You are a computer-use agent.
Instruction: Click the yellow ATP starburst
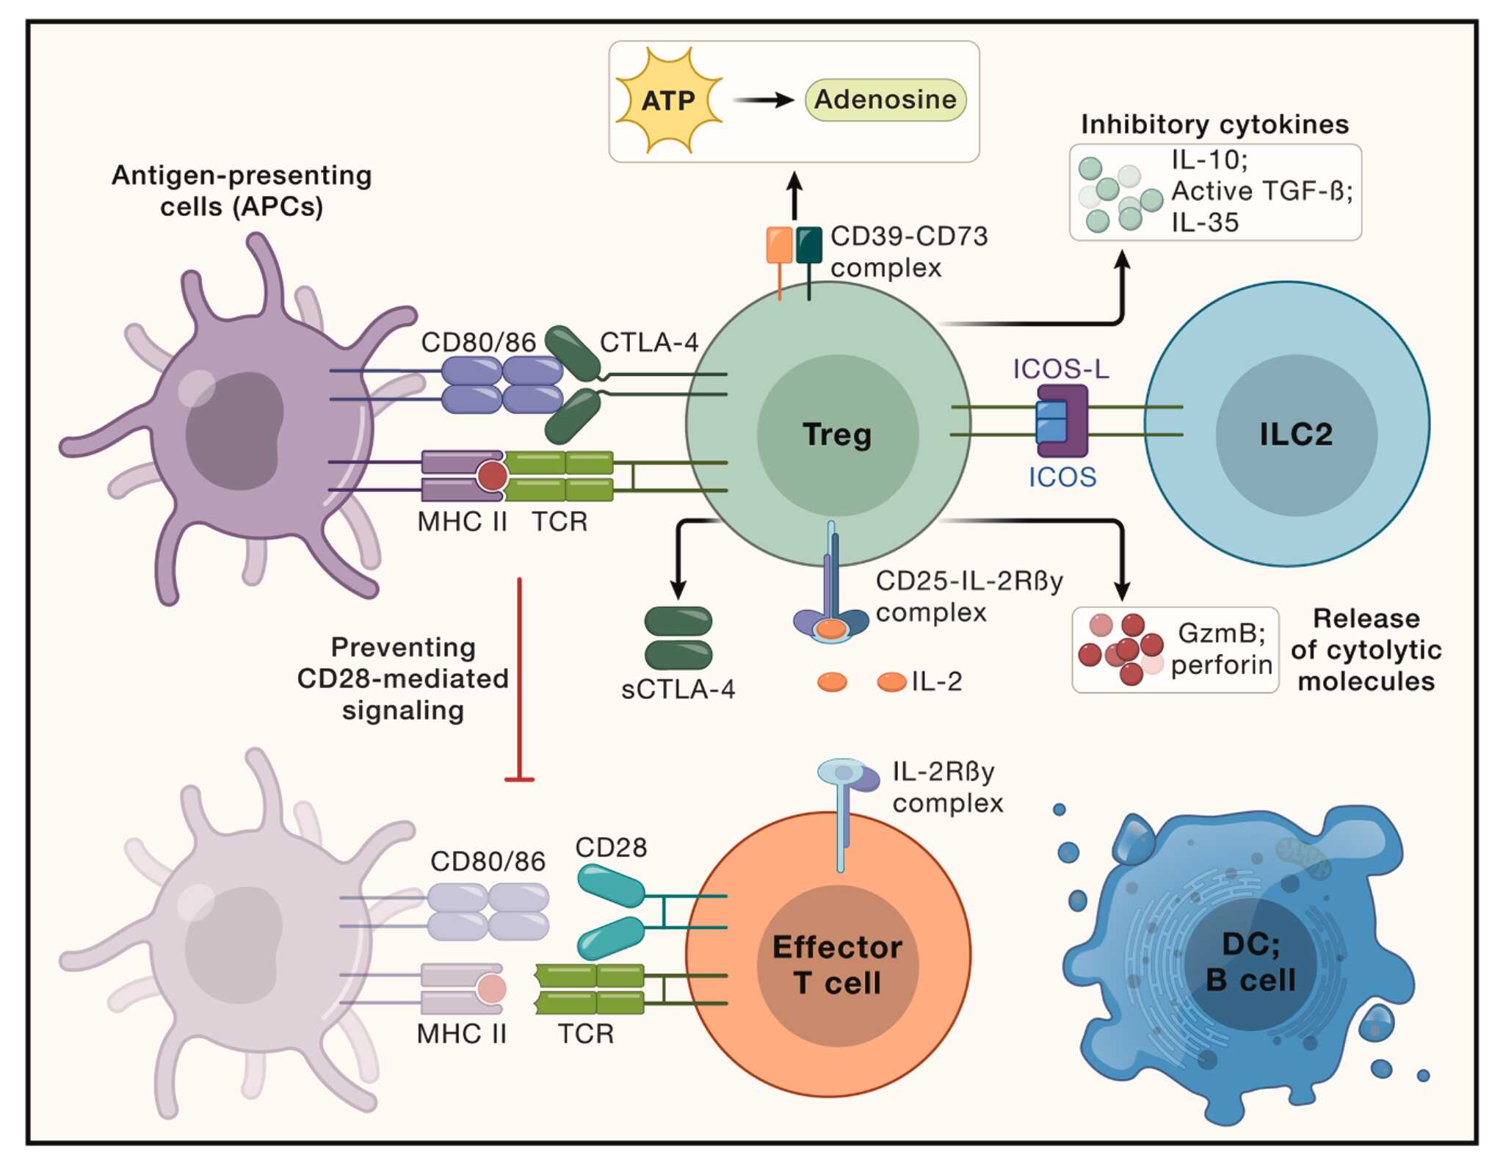[668, 101]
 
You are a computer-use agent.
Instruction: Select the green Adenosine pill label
[885, 100]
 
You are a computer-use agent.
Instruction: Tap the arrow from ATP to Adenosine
[764, 100]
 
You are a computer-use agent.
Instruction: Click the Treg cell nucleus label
[837, 434]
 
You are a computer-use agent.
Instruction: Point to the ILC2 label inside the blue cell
[1296, 434]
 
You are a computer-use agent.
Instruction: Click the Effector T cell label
[837, 965]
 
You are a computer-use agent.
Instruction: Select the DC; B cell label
[1250, 962]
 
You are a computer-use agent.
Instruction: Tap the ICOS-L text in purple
[1061, 369]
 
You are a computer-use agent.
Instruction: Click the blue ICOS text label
[1062, 477]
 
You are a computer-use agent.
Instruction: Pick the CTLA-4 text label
[649, 342]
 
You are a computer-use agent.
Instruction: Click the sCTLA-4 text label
[678, 689]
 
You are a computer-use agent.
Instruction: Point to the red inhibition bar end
[519, 778]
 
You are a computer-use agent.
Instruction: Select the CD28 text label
[611, 847]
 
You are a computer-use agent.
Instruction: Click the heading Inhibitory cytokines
[1214, 124]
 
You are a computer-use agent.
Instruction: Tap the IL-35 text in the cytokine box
[1205, 222]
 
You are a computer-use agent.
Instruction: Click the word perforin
[1221, 664]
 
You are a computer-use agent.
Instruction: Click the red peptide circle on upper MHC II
[492, 476]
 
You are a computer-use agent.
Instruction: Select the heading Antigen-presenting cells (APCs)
[242, 191]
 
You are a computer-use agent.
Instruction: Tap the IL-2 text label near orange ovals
[937, 681]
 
